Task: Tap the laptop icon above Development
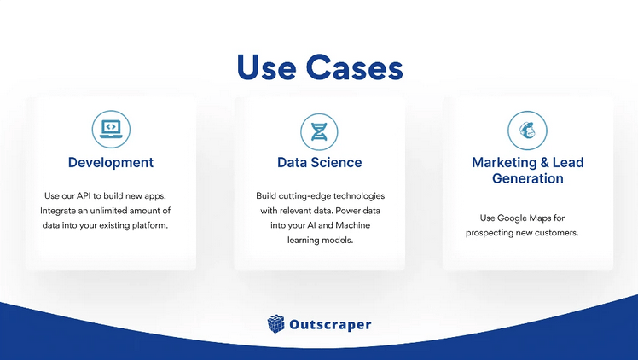pyautogui.click(x=111, y=129)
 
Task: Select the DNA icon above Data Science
pyautogui.click(x=319, y=131)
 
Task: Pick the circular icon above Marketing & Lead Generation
pyautogui.click(x=527, y=131)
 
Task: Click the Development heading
pyautogui.click(x=111, y=162)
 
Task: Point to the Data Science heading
pyautogui.click(x=319, y=162)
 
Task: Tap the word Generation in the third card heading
pyautogui.click(x=528, y=179)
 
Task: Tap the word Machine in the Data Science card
pyautogui.click(x=352, y=225)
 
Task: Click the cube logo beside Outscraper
pyautogui.click(x=276, y=324)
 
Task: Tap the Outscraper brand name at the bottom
pyautogui.click(x=330, y=325)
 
